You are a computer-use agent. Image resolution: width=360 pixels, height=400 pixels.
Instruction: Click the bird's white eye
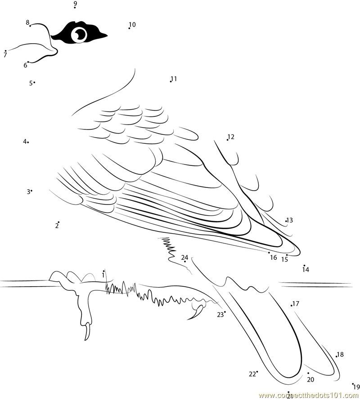tap(79, 35)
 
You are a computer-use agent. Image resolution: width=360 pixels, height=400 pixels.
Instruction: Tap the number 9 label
tap(75, 3)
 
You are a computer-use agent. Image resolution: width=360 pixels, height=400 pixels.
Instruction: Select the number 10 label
tap(132, 24)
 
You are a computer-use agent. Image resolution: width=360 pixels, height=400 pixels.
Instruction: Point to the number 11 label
tap(174, 79)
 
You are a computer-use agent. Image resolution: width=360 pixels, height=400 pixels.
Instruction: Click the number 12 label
tap(231, 137)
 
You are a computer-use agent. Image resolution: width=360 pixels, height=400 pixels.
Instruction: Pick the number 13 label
tap(290, 220)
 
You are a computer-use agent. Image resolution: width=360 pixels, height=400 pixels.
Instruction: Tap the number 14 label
tap(306, 269)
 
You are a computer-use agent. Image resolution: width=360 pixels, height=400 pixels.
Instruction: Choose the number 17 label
tap(296, 303)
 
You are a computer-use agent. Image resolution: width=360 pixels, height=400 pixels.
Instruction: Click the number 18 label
tap(340, 354)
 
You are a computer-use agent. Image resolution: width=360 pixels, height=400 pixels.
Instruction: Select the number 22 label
tap(252, 374)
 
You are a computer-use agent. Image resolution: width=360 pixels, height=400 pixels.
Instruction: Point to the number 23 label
tap(220, 315)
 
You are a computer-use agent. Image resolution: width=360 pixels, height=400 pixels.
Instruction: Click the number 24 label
tap(185, 257)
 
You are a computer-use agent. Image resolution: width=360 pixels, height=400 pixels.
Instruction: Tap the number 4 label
tap(25, 141)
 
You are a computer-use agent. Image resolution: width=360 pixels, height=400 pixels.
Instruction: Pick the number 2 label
tap(57, 226)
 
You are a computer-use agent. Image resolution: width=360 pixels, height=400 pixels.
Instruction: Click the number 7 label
tap(5, 55)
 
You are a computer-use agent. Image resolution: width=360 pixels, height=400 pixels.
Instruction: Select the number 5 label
tap(31, 83)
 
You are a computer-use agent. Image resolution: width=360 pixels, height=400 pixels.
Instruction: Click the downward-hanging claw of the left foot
tap(88, 331)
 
